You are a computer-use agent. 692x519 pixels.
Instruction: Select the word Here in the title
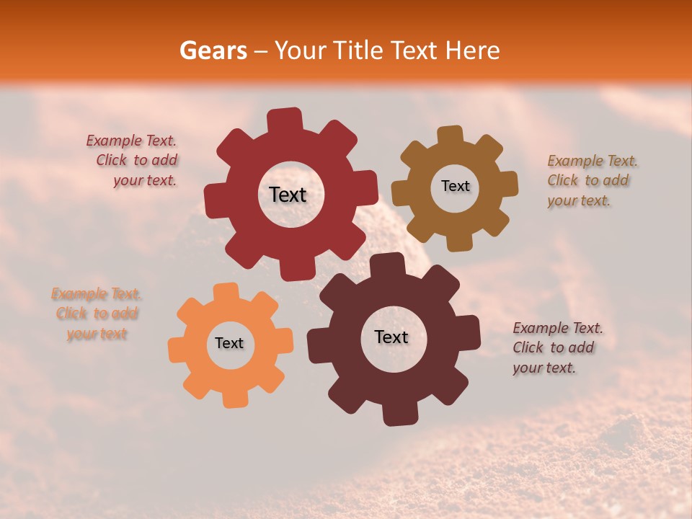point(473,50)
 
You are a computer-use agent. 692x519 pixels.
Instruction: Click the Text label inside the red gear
point(288,195)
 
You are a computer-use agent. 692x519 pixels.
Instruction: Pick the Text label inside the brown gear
point(455,186)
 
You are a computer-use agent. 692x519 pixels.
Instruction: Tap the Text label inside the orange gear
point(229,343)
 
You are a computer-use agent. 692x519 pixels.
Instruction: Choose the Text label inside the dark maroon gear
point(391,337)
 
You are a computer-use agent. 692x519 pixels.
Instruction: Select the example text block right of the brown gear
point(591,180)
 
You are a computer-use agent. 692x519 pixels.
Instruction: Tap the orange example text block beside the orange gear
point(96,314)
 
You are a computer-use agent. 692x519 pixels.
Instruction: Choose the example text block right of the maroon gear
point(556,347)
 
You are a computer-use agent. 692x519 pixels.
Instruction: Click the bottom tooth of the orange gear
point(235,397)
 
